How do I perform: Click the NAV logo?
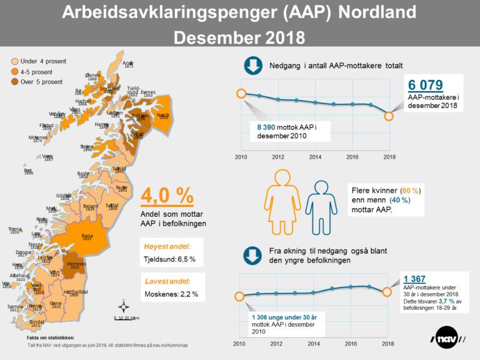click(448, 339)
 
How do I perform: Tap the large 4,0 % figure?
click(167, 196)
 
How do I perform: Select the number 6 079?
click(426, 85)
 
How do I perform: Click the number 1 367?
click(416, 279)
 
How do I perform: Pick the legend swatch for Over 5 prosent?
click(14, 82)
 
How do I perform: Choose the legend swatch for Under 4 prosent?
click(14, 61)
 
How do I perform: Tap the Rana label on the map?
click(87, 236)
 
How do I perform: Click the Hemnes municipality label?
click(76, 265)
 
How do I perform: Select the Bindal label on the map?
click(37, 322)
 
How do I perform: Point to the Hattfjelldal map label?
click(76, 292)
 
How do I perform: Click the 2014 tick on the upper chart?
click(315, 156)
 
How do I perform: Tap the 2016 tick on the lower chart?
click(352, 344)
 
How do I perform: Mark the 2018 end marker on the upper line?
click(389, 116)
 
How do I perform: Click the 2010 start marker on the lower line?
click(238, 296)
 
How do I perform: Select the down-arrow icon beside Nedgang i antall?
click(252, 66)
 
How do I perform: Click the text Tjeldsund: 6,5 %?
click(170, 259)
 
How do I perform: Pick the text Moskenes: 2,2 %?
click(170, 293)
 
